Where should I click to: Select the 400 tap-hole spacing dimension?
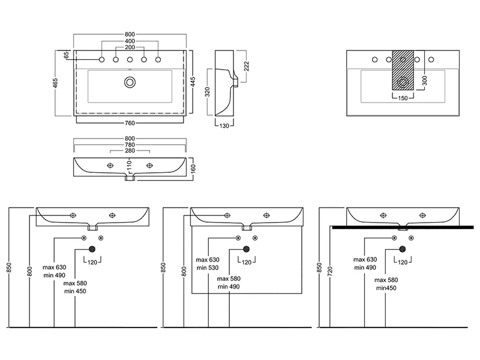(130, 41)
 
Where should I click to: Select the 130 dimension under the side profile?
(224, 126)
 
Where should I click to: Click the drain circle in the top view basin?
(130, 82)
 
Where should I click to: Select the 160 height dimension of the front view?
(193, 169)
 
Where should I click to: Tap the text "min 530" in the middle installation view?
(206, 268)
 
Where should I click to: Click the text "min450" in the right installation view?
(386, 288)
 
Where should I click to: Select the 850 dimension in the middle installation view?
(163, 268)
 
